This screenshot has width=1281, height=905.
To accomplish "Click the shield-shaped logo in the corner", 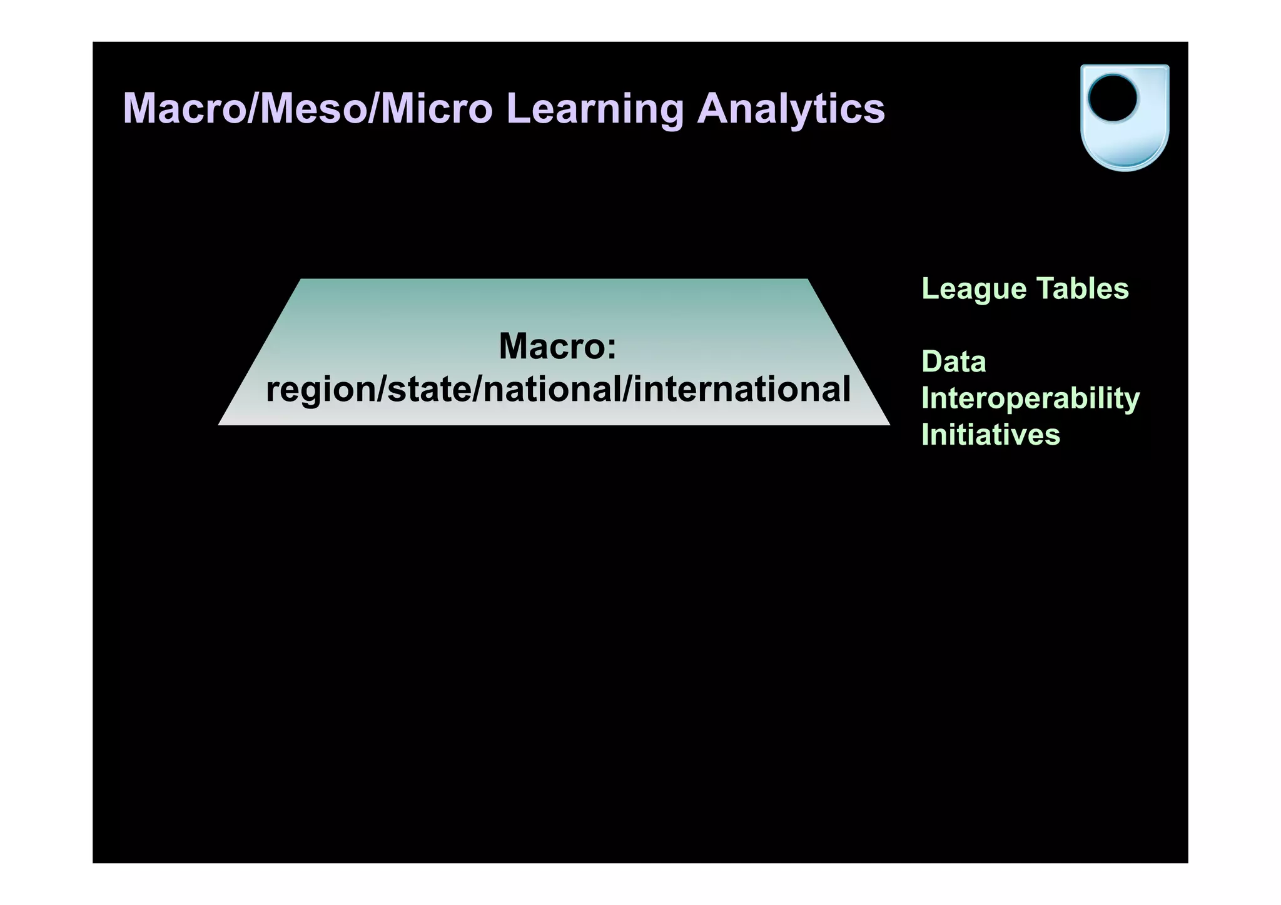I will click(1124, 118).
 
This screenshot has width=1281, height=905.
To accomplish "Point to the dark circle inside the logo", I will click(1112, 99).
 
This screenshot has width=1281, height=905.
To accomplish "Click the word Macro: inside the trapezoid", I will click(557, 346).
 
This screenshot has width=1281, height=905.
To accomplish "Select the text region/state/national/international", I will click(558, 389).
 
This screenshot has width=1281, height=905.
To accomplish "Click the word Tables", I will click(1082, 289).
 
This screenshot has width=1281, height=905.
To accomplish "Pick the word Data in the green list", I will click(953, 362).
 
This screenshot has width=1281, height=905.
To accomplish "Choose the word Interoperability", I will click(1030, 399).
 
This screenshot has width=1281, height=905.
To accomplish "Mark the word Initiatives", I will click(991, 435).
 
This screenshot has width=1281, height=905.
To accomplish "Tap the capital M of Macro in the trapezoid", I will click(515, 346).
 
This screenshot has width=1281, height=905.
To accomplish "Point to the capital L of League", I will click(929, 289).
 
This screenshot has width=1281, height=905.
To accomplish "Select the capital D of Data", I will click(931, 362).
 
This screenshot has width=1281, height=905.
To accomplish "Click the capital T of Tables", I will click(1046, 289).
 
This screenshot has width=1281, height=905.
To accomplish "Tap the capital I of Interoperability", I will click(926, 398).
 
